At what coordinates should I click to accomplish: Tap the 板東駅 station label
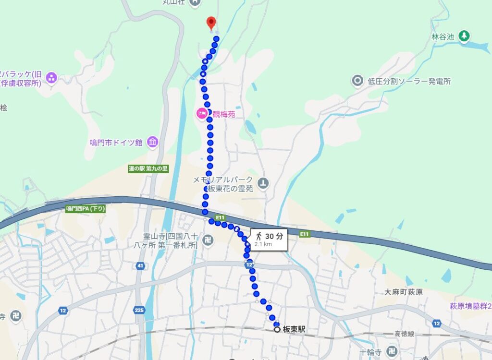[x=294, y=330]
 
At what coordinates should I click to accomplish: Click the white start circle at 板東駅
[x=277, y=330]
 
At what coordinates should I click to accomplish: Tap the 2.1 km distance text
[x=263, y=244]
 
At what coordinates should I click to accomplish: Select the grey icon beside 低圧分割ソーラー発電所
[x=357, y=81]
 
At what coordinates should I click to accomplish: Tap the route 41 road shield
[x=140, y=265]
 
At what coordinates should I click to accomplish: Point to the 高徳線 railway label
[x=404, y=334]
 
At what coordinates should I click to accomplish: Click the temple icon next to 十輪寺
[x=392, y=351]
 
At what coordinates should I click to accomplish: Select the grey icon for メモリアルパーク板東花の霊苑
[x=263, y=182]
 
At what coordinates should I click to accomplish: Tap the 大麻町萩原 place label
[x=404, y=292]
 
